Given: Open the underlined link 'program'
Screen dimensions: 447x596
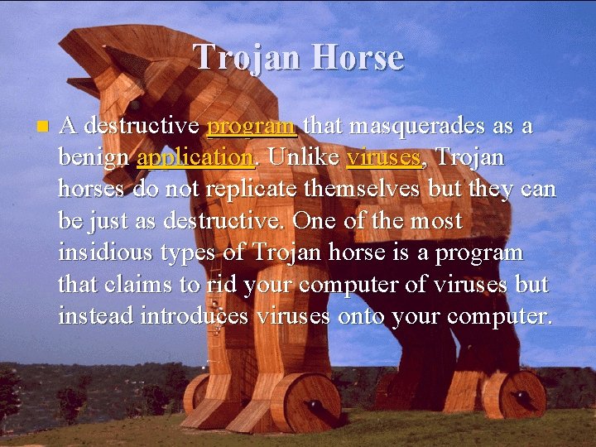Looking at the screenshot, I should coord(252,127).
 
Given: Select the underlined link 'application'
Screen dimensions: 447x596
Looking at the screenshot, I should coord(195,157).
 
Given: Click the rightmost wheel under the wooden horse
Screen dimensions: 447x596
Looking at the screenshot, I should coord(522,395).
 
